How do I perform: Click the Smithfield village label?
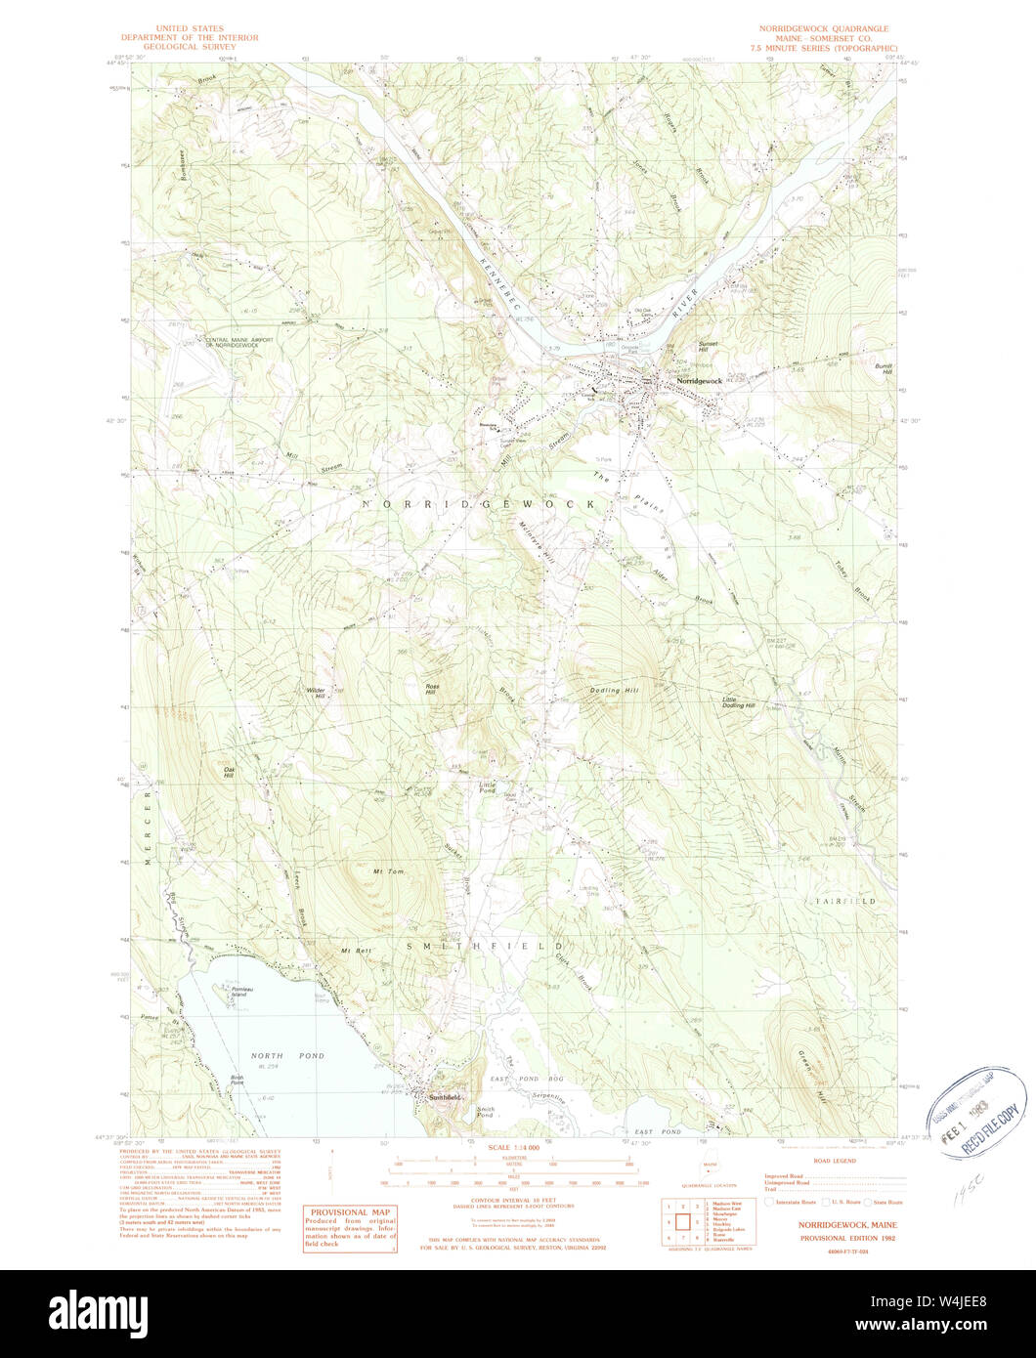[443, 1097]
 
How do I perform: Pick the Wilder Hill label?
[316, 691]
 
